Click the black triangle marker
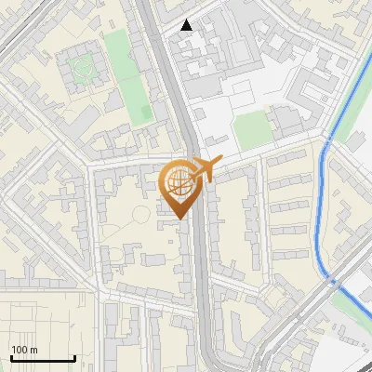[187, 25]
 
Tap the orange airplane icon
[204, 169]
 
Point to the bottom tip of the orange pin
[179, 219]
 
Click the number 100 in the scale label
[20, 350]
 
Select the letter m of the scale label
[33, 350]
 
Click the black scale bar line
[43, 358]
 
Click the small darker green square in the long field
[145, 113]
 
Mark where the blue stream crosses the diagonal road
[332, 279]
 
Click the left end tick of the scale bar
[11, 358]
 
